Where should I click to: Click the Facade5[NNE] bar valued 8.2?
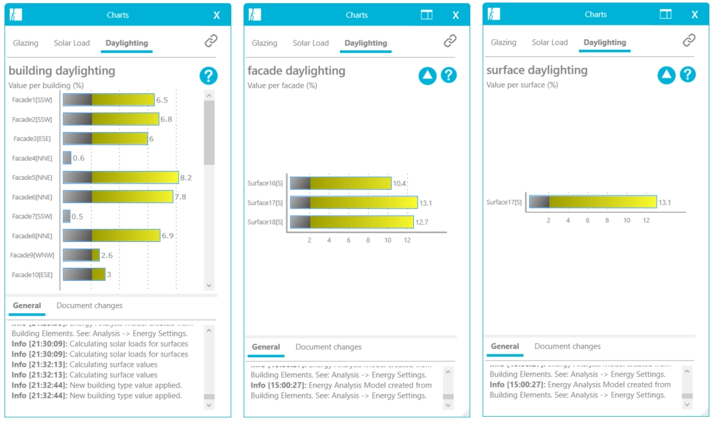coord(120,177)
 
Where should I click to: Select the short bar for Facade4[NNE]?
coord(67,158)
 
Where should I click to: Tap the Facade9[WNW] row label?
coord(31,255)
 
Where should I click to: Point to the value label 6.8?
coord(166,120)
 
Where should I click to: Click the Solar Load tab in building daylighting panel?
coord(72,43)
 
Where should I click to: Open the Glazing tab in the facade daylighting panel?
coord(264,43)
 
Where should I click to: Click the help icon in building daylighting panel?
coord(208,76)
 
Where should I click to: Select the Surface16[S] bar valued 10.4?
coord(341,183)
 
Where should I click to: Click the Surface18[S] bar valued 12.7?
coord(352,222)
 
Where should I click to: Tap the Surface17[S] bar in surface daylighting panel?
coord(593,202)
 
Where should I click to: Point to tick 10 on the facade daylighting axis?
coord(387,240)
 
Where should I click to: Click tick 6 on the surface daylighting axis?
coord(588,220)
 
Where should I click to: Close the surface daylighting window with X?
coord(694,15)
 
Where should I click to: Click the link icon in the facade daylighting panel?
coord(450,41)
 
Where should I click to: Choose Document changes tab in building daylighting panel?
coord(89,305)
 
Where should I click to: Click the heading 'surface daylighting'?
coord(537,70)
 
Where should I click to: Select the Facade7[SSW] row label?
coord(32,216)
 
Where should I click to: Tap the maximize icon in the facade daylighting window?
coord(426,15)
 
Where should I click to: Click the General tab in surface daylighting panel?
coord(505,346)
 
